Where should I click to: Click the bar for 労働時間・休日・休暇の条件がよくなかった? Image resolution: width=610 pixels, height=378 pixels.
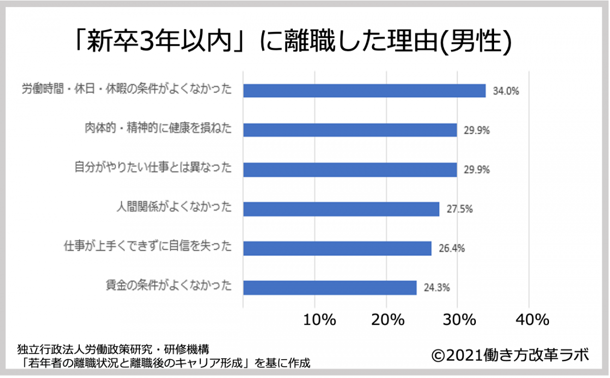click(364, 91)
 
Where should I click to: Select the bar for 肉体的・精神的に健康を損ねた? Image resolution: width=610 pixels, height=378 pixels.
click(350, 130)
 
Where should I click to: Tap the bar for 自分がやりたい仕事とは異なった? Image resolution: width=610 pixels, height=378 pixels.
click(350, 169)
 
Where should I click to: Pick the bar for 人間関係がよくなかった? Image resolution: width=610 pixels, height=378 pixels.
click(341, 209)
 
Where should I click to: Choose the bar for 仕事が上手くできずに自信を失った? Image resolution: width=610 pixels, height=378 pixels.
click(337, 248)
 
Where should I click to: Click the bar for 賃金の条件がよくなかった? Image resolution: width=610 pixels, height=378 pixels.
click(329, 287)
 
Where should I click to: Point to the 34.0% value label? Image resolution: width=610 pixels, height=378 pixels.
click(506, 92)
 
